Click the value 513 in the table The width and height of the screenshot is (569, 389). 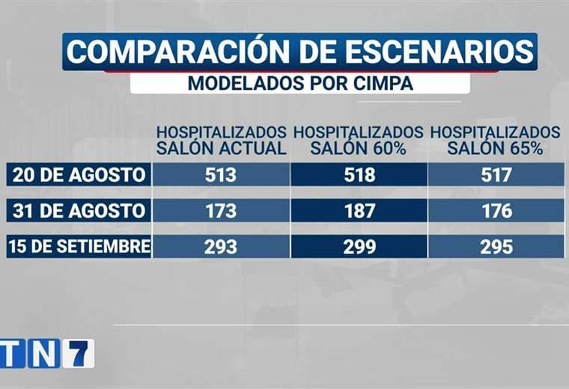pos(220,175)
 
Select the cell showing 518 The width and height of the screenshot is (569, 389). pos(360,175)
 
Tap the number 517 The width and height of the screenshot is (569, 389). pos(497,175)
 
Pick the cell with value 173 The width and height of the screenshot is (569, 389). pos(220,211)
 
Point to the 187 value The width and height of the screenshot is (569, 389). pos(360,211)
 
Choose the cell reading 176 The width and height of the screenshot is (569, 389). pos(497,211)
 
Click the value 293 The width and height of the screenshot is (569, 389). pos(220,246)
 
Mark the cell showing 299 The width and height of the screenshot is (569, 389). pos(360,246)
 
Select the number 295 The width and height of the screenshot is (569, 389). pos(497,246)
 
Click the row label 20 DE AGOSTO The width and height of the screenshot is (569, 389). pos(79,175)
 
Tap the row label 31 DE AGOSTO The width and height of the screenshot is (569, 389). pos(79,211)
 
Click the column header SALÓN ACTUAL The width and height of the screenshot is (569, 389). pos(221,148)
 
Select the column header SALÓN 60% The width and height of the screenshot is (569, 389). pos(359,148)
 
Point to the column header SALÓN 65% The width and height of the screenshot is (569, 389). pos(496,148)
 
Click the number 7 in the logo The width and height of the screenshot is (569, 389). pos(78,353)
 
